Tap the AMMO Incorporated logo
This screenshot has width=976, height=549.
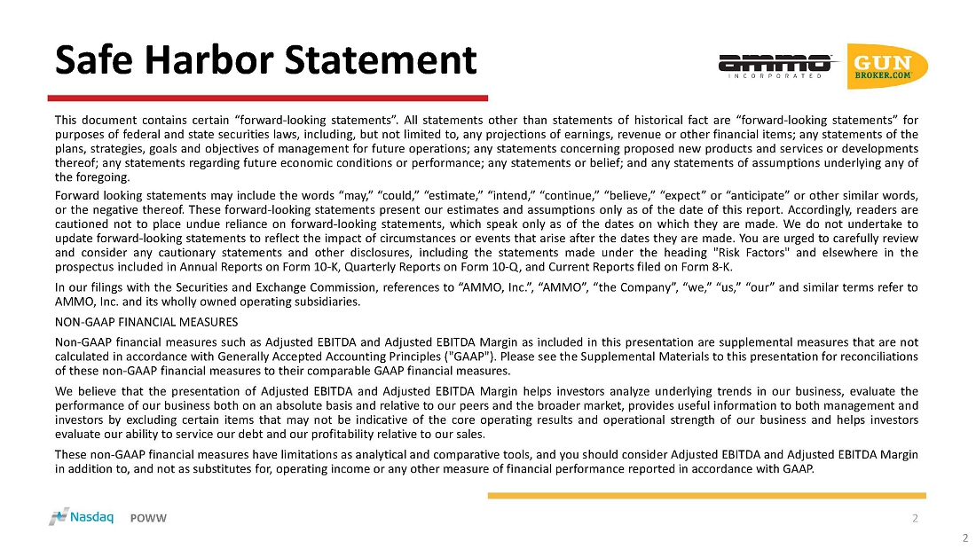click(775, 66)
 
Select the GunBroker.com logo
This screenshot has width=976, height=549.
click(886, 66)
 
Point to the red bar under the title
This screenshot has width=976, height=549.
click(268, 98)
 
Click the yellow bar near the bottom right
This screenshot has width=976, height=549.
click(706, 496)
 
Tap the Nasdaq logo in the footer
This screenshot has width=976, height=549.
click(81, 517)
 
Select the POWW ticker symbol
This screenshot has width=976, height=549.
click(148, 518)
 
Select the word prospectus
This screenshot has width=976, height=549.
click(83, 268)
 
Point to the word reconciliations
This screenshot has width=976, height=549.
click(873, 357)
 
